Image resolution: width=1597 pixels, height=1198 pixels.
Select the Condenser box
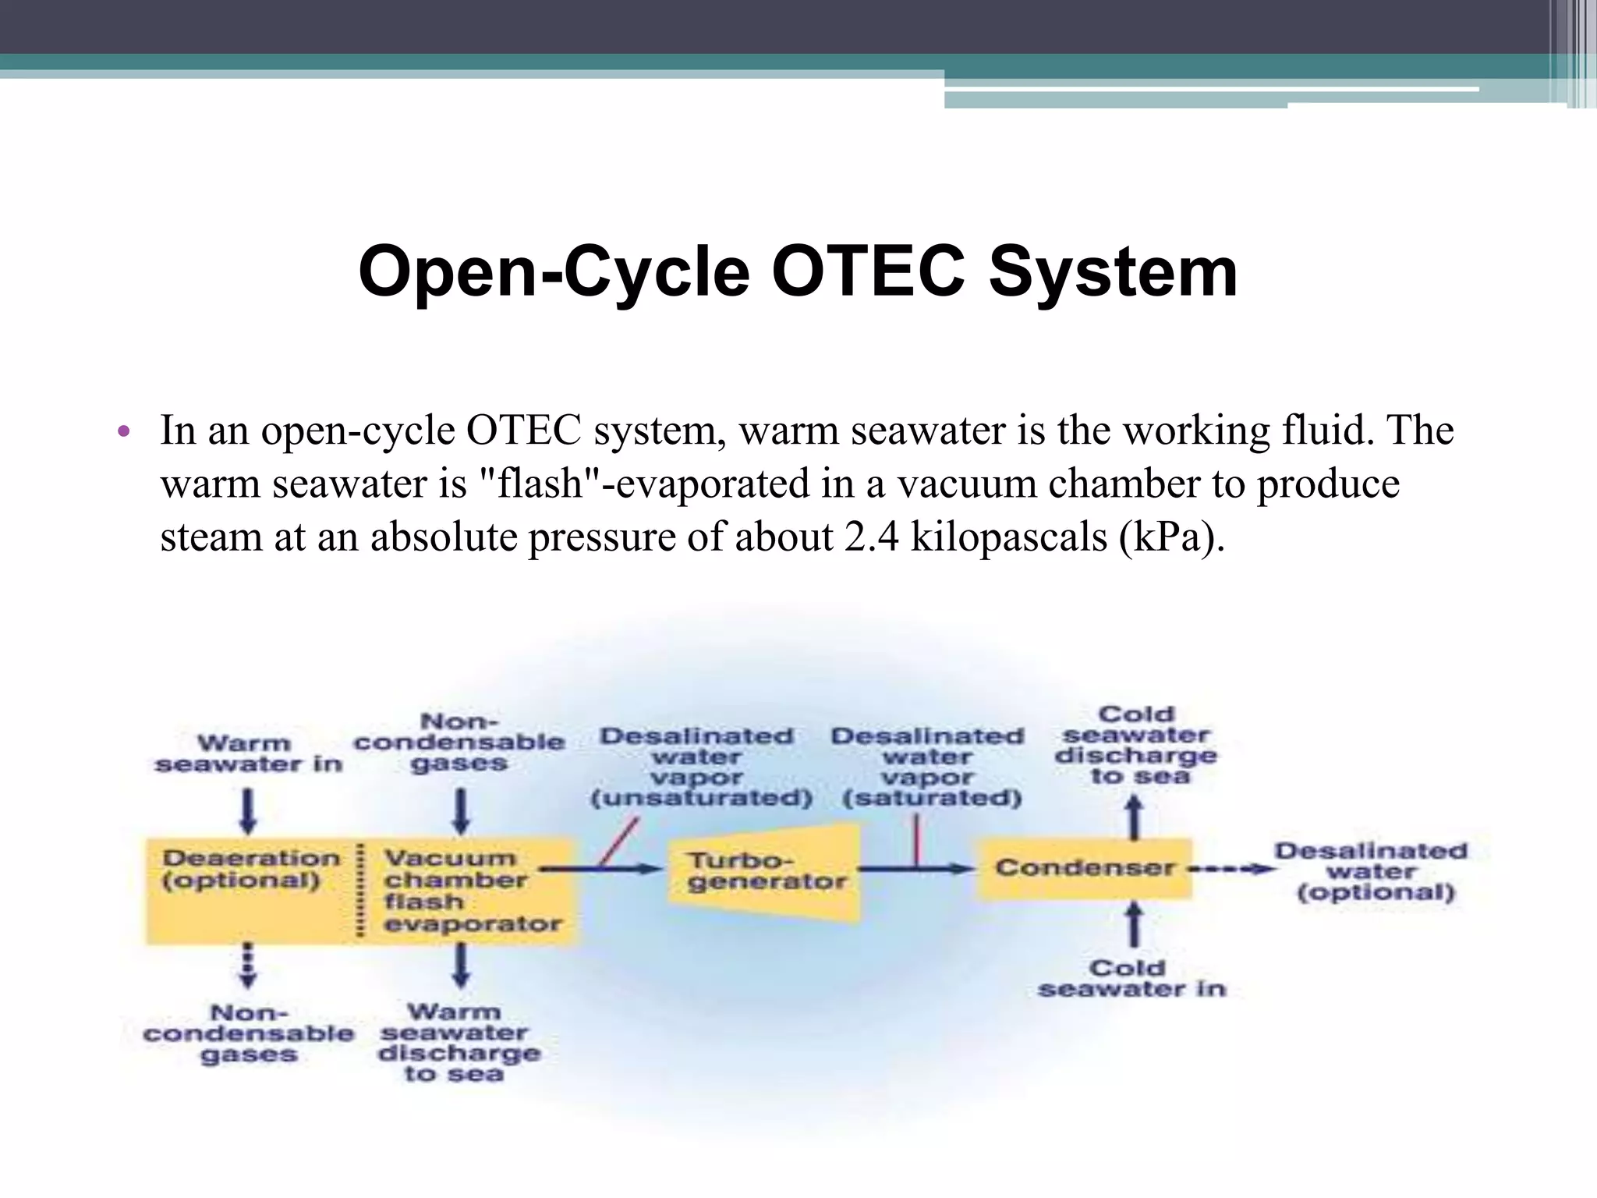point(1084,868)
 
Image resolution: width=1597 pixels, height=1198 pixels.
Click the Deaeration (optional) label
point(250,869)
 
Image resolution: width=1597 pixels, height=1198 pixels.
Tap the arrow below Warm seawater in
point(247,811)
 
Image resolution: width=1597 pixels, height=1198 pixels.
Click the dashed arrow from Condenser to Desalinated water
point(1232,868)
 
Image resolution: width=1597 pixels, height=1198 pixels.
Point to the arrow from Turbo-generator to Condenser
point(916,868)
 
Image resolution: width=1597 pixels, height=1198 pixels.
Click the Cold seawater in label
point(1131,979)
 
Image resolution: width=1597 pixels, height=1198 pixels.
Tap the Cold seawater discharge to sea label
point(1135,745)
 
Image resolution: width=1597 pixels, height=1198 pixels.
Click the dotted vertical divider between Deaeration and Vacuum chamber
point(359,889)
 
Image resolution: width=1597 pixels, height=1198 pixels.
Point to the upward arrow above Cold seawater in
point(1135,925)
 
